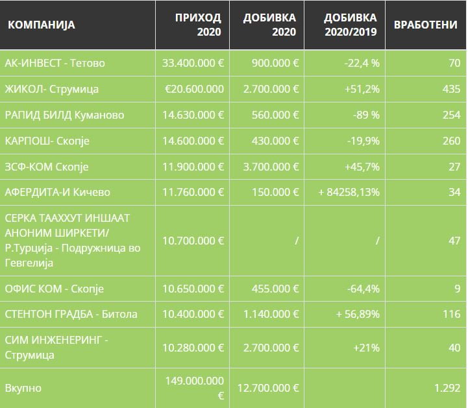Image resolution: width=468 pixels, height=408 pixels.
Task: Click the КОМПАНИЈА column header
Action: tap(42, 25)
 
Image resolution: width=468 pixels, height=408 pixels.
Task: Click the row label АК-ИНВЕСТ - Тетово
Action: tap(55, 64)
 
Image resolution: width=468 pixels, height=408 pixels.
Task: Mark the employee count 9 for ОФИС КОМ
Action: tap(456, 289)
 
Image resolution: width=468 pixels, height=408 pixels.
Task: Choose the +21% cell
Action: tap(366, 348)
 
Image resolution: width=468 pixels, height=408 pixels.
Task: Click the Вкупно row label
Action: tap(23, 388)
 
